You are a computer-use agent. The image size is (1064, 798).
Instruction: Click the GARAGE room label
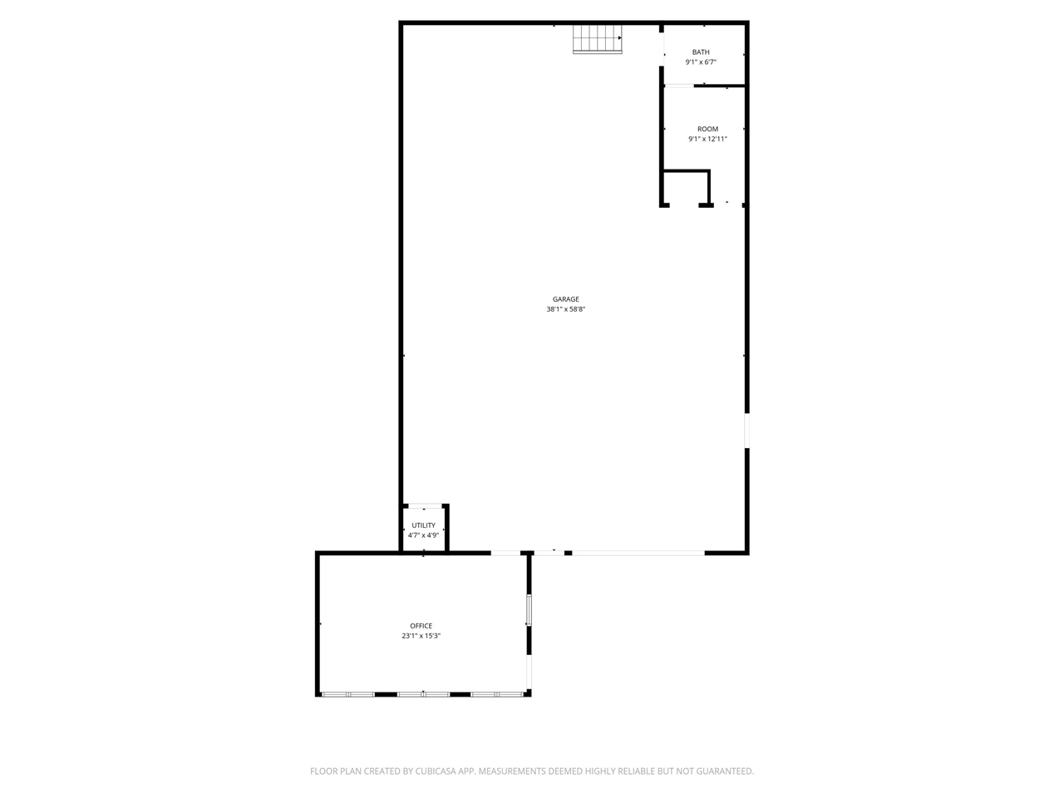pyautogui.click(x=565, y=299)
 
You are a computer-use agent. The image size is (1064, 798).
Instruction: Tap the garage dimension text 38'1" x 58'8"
pyautogui.click(x=565, y=309)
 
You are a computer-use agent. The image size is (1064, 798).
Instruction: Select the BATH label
pyautogui.click(x=701, y=52)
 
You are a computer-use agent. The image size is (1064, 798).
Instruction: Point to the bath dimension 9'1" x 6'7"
pyautogui.click(x=701, y=62)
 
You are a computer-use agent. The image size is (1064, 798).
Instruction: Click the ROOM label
pyautogui.click(x=707, y=129)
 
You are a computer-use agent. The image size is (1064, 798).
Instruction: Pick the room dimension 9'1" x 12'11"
pyautogui.click(x=707, y=139)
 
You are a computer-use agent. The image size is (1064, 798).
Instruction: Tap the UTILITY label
pyautogui.click(x=423, y=525)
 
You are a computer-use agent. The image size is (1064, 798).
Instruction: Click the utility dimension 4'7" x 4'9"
pyautogui.click(x=423, y=535)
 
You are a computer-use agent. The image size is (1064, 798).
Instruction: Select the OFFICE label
pyautogui.click(x=421, y=626)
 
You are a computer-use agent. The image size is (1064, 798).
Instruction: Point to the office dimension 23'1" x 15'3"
pyautogui.click(x=421, y=636)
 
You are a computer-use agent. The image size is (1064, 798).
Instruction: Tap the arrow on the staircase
pyautogui.click(x=619, y=37)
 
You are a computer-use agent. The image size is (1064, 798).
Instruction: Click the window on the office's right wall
pyautogui.click(x=529, y=610)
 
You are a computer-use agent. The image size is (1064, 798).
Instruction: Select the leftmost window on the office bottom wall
pyautogui.click(x=347, y=693)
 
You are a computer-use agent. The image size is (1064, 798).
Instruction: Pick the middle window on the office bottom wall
pyautogui.click(x=423, y=693)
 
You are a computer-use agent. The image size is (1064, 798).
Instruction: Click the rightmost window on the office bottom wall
pyautogui.click(x=497, y=693)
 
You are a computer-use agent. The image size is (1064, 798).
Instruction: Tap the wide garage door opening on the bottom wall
pyautogui.click(x=638, y=552)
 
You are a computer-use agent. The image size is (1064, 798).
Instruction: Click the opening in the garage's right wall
pyautogui.click(x=746, y=431)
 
